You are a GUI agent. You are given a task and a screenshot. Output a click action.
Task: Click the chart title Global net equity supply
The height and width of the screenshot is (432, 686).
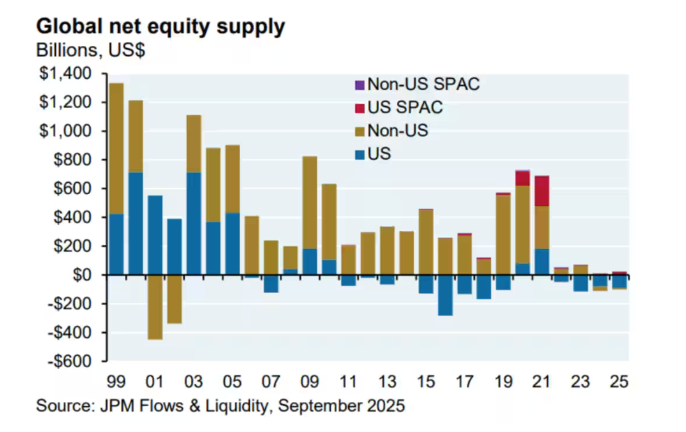[160, 27]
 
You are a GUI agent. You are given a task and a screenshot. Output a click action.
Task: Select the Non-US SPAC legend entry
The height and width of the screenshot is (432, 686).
[418, 85]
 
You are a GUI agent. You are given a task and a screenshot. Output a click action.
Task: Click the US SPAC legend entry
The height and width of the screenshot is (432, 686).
[399, 108]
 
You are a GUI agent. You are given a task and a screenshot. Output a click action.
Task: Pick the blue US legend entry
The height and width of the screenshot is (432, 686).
[374, 154]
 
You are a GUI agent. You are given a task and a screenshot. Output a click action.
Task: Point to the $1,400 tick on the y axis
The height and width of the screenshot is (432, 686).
[68, 74]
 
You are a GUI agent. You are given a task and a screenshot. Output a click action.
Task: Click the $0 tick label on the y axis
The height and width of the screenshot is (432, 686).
[82, 275]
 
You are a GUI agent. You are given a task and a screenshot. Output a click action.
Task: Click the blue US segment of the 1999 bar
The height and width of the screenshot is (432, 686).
[117, 244]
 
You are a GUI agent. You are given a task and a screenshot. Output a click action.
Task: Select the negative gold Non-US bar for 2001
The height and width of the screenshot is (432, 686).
[155, 307]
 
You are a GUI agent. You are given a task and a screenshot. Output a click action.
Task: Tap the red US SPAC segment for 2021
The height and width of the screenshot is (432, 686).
[541, 191]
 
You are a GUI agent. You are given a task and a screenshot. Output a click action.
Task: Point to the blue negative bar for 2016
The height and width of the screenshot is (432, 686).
[445, 295]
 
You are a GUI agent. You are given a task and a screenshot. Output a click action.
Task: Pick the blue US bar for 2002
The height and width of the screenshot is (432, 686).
[174, 247]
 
